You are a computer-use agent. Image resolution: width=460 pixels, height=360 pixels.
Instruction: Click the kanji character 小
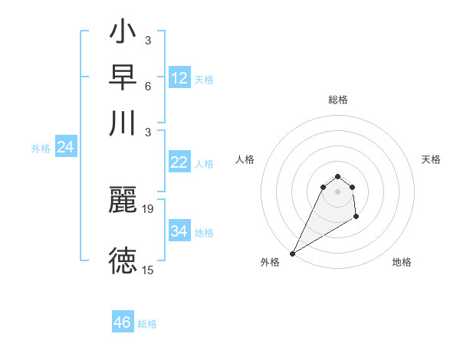pyautogui.click(x=123, y=35)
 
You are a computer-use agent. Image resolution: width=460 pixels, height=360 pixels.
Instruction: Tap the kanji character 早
pyautogui.click(x=123, y=79)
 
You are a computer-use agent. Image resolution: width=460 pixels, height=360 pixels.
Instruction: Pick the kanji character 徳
pyautogui.click(x=123, y=260)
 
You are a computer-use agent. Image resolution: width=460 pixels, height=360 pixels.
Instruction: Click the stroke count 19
pyautogui.click(x=149, y=208)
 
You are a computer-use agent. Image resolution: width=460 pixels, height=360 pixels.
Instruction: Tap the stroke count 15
pyautogui.click(x=149, y=270)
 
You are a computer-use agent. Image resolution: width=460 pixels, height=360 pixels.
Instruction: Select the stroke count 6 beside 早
pyautogui.click(x=148, y=87)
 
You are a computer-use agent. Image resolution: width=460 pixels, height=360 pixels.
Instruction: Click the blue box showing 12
pyautogui.click(x=179, y=78)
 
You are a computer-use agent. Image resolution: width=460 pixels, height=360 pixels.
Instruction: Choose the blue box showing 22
pyautogui.click(x=179, y=162)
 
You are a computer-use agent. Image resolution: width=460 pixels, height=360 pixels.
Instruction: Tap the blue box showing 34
pyautogui.click(x=179, y=231)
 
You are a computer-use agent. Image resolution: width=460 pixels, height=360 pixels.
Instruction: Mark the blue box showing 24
pyautogui.click(x=65, y=147)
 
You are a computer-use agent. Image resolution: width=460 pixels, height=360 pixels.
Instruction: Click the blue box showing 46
pyautogui.click(x=123, y=322)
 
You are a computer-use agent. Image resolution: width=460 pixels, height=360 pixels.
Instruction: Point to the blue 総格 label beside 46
pyautogui.click(x=148, y=324)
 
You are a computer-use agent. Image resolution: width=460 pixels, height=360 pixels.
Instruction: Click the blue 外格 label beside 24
pyautogui.click(x=41, y=149)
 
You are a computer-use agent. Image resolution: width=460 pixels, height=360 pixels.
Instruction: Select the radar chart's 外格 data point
pyautogui.click(x=292, y=254)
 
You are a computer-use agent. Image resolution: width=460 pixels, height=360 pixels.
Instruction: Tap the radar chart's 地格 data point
pyautogui.click(x=356, y=217)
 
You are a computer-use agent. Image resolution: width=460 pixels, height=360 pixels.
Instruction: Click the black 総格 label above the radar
pyautogui.click(x=338, y=100)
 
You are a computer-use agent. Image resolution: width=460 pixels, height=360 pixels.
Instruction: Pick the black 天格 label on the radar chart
pyautogui.click(x=432, y=159)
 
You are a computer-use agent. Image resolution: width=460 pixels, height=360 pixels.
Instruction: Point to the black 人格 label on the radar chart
pyautogui.click(x=245, y=159)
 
